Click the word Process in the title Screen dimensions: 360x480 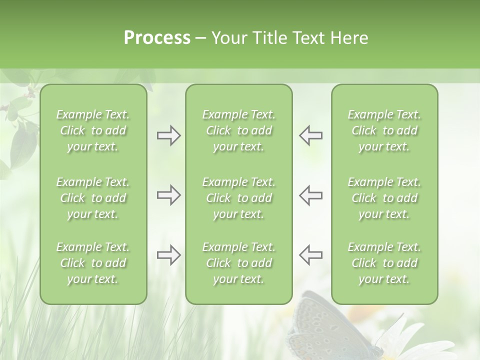coord(157,38)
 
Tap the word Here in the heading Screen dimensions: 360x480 coord(349,38)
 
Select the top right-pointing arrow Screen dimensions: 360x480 coord(168,135)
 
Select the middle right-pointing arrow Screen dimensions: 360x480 coord(168,195)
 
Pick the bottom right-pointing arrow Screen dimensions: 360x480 coord(168,255)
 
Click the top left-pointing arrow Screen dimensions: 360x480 coord(311,135)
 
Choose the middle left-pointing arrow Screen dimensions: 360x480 coord(311,195)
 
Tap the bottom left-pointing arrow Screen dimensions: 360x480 coord(311,255)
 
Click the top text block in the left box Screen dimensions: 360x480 coord(93,130)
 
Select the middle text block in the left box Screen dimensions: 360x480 coord(93,198)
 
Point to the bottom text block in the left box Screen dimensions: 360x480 coord(93,263)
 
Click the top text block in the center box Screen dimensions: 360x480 coord(239,130)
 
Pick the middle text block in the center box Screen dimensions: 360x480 coord(239,198)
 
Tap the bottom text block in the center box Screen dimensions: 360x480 coord(239,263)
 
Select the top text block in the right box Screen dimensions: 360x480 coord(384,130)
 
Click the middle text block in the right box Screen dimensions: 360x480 coord(384,198)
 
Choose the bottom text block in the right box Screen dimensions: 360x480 coord(384,263)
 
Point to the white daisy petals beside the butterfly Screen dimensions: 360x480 coord(415,340)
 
